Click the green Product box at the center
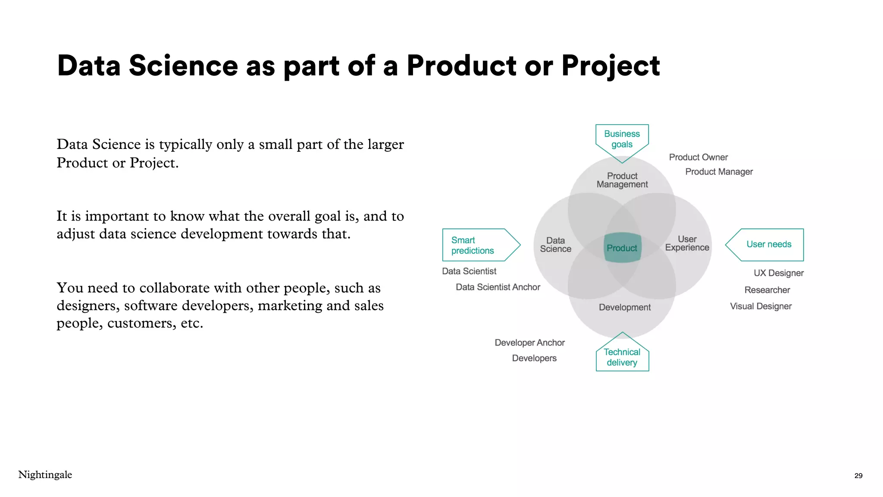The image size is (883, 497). click(622, 248)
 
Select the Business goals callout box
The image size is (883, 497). click(622, 139)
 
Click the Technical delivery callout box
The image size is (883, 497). click(622, 357)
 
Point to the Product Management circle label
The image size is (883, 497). click(622, 180)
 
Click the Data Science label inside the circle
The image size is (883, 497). click(555, 245)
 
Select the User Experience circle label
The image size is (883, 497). click(687, 243)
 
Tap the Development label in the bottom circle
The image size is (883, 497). click(624, 307)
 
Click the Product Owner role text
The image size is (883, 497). click(698, 157)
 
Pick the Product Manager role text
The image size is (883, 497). click(719, 172)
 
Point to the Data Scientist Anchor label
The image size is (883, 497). click(498, 287)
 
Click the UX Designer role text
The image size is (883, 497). click(778, 273)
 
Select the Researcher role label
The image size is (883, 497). click(767, 290)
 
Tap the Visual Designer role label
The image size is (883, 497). click(761, 306)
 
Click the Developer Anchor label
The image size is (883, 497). click(529, 343)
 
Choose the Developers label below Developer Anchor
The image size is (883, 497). click(534, 358)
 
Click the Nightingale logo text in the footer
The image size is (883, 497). click(45, 475)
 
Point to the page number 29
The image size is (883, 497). click(858, 475)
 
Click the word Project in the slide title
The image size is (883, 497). click(610, 66)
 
